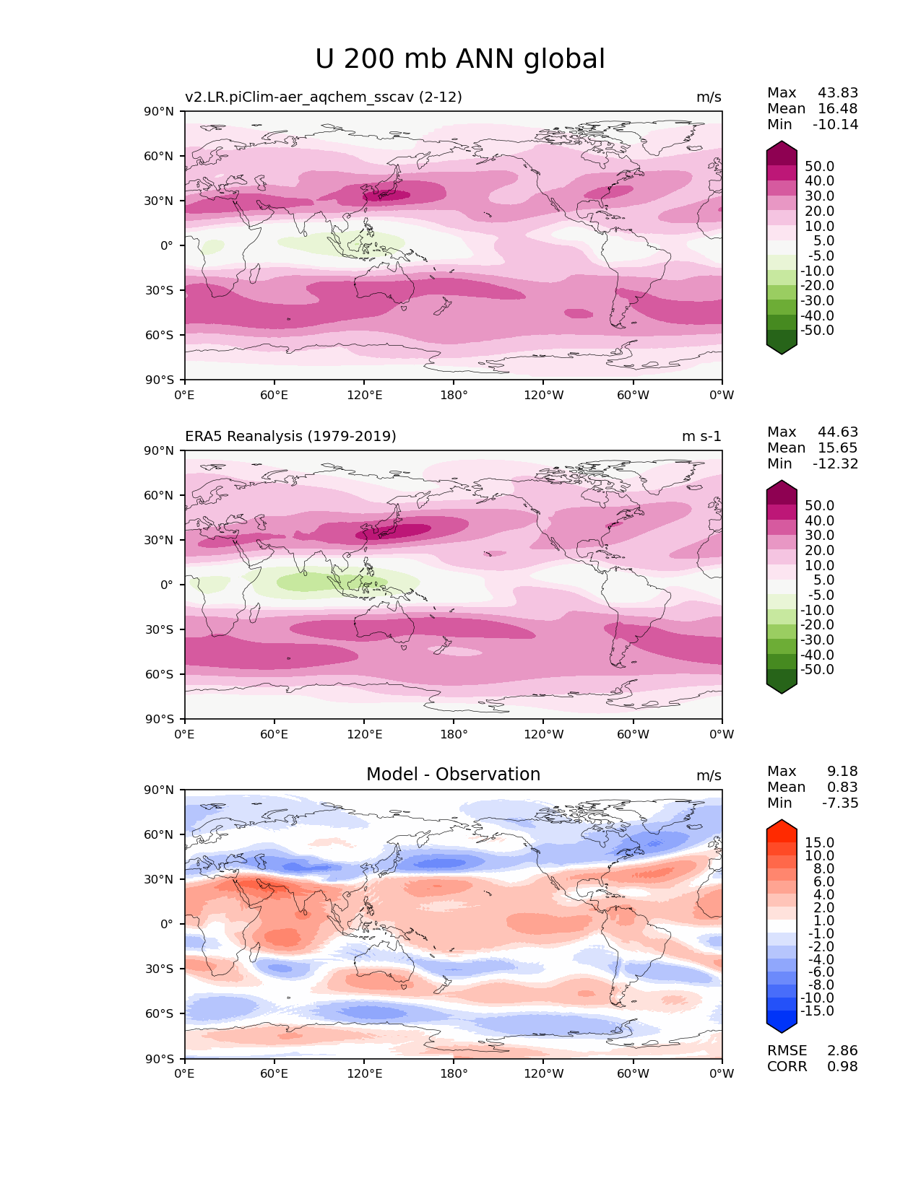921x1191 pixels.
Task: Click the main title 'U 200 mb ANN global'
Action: [460, 59]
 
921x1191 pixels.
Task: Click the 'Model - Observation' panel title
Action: [453, 775]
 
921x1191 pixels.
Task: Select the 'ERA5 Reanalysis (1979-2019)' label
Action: [290, 437]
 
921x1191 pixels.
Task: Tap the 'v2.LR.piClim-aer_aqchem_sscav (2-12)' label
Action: [323, 97]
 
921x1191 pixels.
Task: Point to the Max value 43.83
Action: [838, 93]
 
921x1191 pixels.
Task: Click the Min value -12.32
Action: [836, 464]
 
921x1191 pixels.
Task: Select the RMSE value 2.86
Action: [842, 1051]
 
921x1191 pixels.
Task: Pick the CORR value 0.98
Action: [842, 1067]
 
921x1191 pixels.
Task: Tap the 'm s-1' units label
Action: [701, 437]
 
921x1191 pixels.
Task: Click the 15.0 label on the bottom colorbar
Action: [819, 843]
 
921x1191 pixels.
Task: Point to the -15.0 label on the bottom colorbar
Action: [817, 1011]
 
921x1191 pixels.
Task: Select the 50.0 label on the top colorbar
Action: [819, 167]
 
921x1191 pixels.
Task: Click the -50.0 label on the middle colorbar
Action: [817, 670]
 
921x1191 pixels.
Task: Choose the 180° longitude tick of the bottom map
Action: [454, 1074]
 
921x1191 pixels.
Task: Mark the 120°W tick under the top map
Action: [543, 396]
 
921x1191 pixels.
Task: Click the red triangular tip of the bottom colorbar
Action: [782, 826]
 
